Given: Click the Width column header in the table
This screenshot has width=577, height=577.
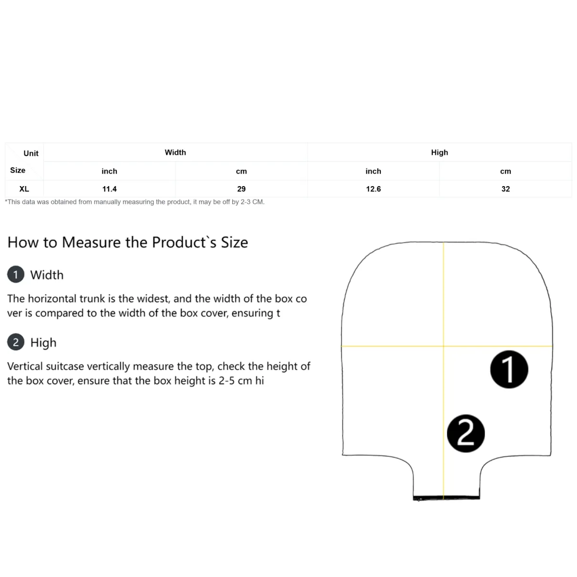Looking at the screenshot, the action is point(175,152).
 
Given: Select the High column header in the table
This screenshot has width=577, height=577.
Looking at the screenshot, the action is point(439,152).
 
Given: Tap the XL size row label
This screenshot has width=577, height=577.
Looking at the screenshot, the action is point(24,189).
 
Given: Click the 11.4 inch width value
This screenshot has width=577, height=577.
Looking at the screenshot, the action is point(109,189).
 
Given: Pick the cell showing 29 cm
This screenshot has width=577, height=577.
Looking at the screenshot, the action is point(241,189).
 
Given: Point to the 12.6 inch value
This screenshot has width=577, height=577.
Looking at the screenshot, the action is point(374,189).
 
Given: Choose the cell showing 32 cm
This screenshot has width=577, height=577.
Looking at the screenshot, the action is point(505,189).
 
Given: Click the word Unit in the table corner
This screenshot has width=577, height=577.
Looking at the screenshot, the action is point(31,153).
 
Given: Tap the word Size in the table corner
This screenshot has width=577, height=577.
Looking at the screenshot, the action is point(18,170).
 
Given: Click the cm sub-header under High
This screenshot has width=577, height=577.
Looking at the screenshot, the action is point(505,171).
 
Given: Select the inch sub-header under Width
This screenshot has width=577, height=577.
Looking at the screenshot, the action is point(109,171).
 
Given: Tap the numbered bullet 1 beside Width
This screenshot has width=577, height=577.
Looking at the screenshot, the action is point(16,274).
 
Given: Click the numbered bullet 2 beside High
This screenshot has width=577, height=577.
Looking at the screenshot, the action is point(16,342).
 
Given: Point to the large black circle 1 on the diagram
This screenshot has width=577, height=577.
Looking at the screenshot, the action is point(509,369).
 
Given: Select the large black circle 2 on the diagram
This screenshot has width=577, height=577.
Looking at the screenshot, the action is point(465,433).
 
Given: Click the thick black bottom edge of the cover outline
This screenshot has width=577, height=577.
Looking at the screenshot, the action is point(446,498).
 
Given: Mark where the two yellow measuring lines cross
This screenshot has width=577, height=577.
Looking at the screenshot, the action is point(443,346).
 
